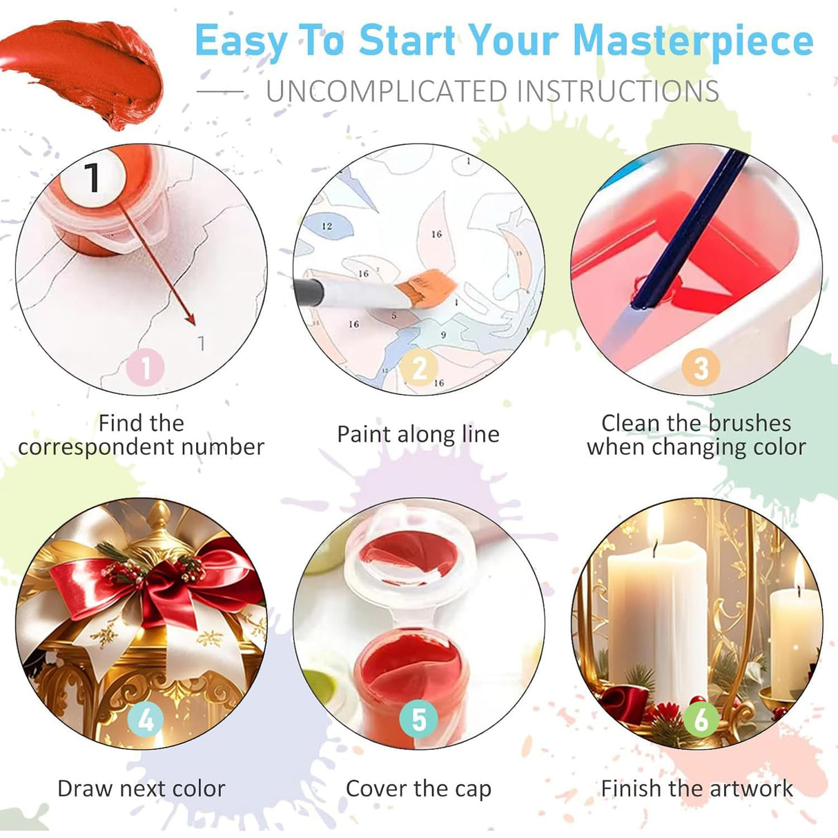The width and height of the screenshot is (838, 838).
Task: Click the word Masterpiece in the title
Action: coord(693,41)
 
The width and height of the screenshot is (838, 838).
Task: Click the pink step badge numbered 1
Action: coord(145,368)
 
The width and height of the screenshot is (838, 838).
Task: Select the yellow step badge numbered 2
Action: coord(420,368)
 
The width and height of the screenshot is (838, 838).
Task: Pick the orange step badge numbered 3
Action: coord(701,368)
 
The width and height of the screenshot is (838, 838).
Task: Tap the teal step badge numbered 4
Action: coord(146,719)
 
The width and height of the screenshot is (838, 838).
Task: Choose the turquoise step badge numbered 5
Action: coord(419,719)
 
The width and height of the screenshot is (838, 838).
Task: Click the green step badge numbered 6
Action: coord(701,719)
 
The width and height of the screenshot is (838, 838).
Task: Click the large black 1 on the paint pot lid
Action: coord(92,177)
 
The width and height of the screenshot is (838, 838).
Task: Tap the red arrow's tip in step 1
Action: coord(194,322)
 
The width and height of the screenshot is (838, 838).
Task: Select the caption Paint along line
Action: coord(418,434)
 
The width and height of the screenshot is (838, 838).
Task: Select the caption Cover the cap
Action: coord(418,788)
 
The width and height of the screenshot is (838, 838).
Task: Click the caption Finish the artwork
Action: coord(697,788)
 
